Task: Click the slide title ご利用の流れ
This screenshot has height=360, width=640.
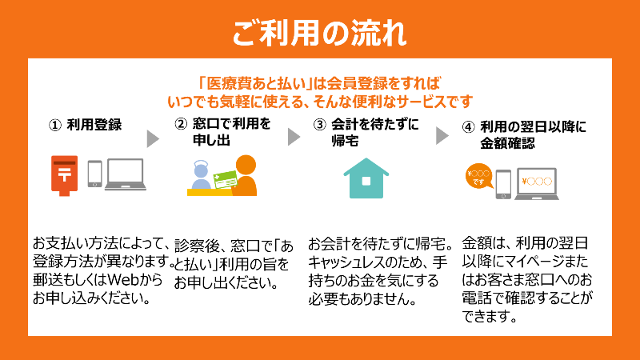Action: pyautogui.click(x=319, y=34)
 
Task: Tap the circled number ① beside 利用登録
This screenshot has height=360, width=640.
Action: pyautogui.click(x=55, y=126)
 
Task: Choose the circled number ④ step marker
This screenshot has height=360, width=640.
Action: pyautogui.click(x=469, y=126)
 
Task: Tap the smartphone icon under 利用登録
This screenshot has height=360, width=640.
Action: pyautogui.click(x=95, y=175)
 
